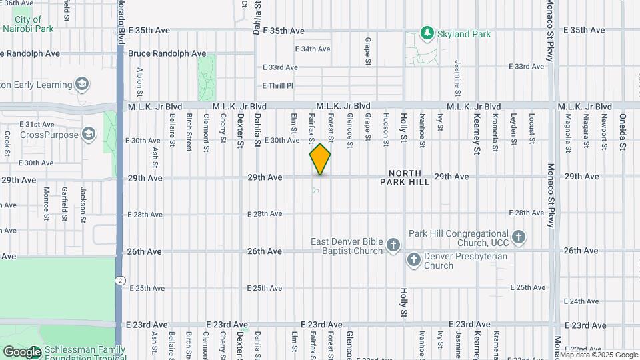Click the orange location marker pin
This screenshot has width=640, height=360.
(x=320, y=159)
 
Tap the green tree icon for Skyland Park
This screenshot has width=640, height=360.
(x=427, y=32)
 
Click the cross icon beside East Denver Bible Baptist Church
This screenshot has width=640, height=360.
(x=393, y=245)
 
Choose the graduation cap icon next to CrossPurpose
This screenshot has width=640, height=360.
(x=88, y=135)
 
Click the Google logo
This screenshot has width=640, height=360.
(x=22, y=352)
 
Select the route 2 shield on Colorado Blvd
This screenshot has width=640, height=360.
(x=119, y=281)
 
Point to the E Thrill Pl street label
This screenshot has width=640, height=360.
(x=277, y=86)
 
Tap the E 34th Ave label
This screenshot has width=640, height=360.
(x=313, y=49)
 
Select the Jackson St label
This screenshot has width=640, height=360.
(x=83, y=201)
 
